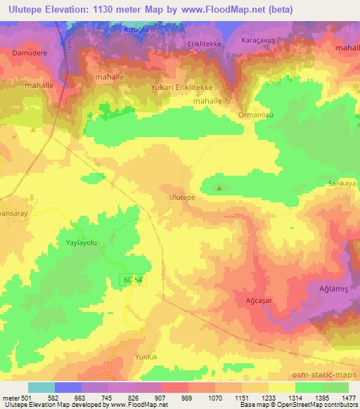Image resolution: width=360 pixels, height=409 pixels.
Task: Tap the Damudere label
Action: click(30, 53)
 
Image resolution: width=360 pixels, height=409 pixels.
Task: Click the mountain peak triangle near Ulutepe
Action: click(220, 188)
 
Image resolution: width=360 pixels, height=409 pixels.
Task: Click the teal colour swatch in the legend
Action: click(41, 387)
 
